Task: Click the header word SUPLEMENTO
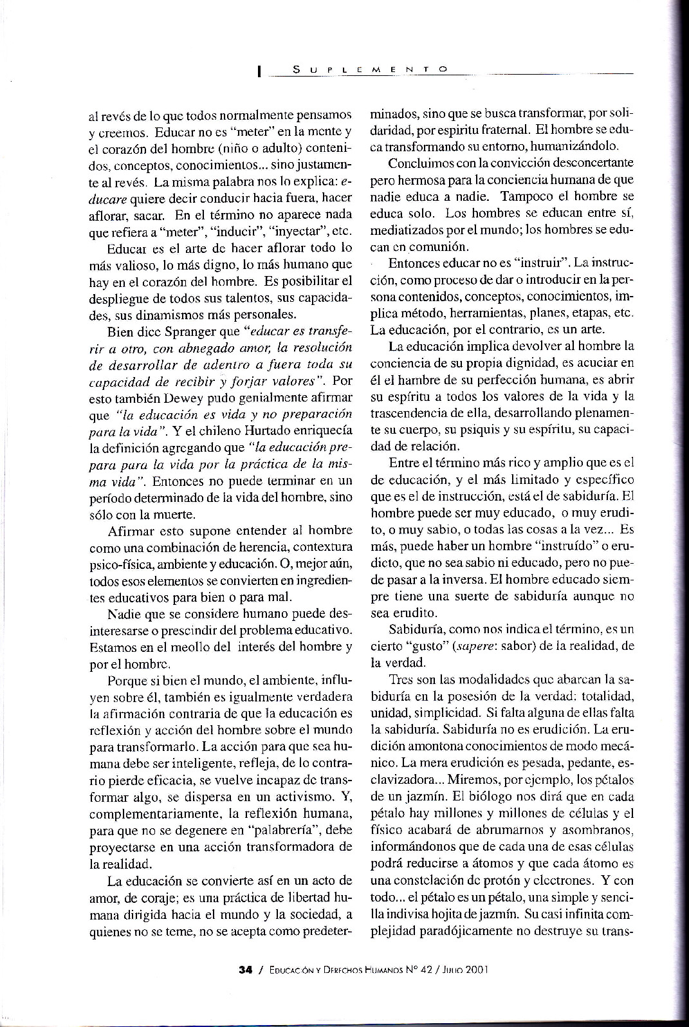(x=369, y=68)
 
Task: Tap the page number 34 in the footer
(x=244, y=967)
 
